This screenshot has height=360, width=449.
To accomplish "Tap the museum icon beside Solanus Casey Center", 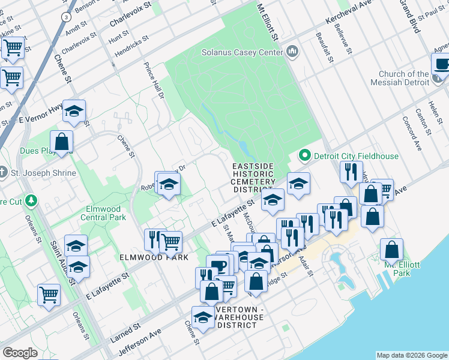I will pos(293,52).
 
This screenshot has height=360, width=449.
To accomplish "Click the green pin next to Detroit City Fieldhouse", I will pos(304,156).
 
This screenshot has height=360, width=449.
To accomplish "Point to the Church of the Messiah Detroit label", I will pos(399,78).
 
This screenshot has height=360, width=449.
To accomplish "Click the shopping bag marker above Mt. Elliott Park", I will pos(391,248).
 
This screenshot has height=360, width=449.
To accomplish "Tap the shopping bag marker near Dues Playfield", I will pos(62,142).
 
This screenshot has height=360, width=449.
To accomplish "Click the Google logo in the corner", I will pos(20,353).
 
